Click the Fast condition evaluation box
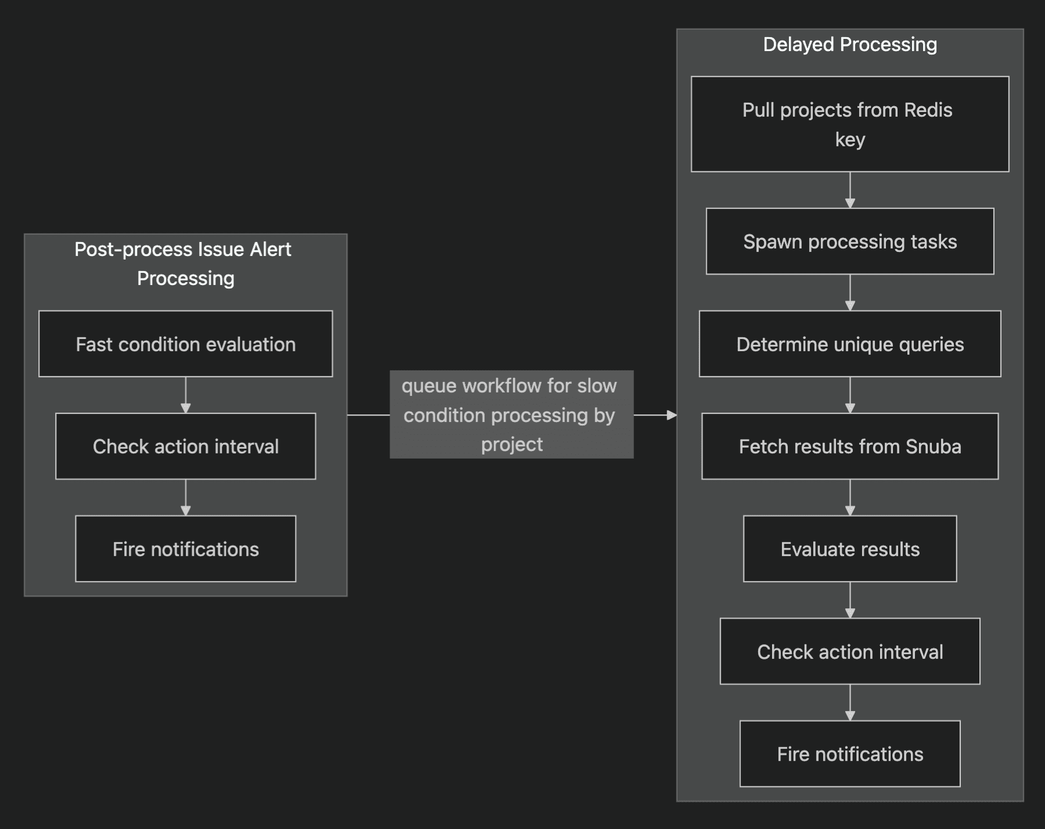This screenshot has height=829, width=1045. click(185, 344)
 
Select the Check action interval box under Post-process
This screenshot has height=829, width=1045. click(185, 446)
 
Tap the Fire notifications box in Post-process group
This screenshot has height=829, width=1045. click(185, 549)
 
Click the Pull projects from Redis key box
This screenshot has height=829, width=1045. click(849, 124)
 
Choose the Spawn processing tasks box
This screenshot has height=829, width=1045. click(849, 241)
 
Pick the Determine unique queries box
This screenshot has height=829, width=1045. click(849, 344)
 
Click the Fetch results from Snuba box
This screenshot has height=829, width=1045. click(849, 446)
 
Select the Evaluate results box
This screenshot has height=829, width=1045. click(849, 549)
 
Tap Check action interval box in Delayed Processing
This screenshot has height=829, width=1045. click(849, 651)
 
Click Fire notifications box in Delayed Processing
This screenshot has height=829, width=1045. click(849, 754)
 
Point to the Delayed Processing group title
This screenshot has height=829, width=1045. click(849, 45)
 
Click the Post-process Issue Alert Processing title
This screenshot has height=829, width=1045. click(184, 264)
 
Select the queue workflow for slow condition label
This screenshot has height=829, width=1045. click(511, 415)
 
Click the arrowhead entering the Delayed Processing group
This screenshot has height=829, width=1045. click(672, 415)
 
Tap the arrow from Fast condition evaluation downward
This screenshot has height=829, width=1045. click(185, 395)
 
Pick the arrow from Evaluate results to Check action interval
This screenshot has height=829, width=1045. click(850, 600)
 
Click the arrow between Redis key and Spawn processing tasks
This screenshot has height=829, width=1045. click(850, 190)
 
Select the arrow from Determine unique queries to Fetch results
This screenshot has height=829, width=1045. click(850, 395)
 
